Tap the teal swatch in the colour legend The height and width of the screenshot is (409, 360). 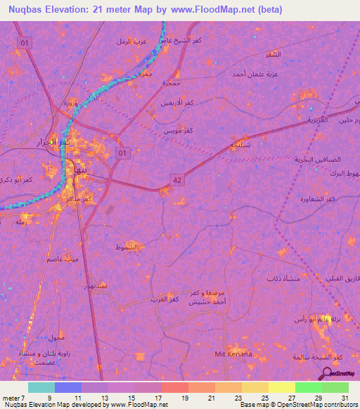click(x=41, y=387)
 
